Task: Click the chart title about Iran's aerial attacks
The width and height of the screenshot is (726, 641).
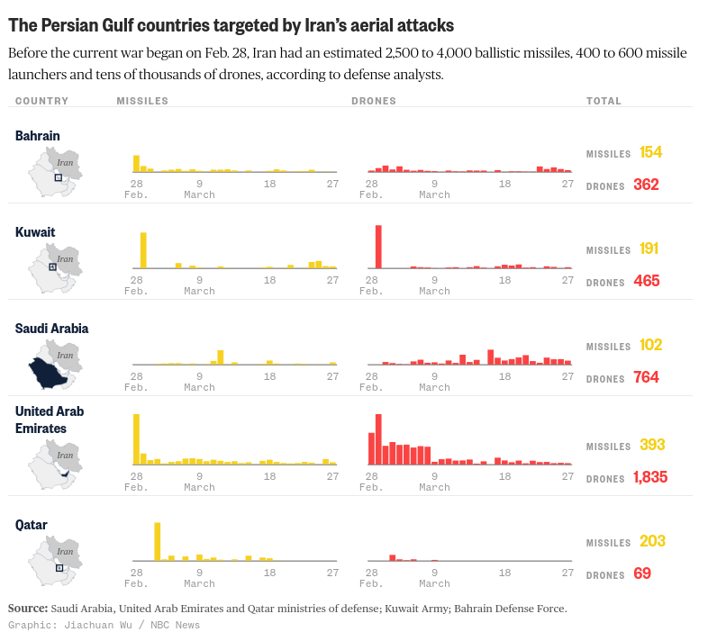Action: point(231,25)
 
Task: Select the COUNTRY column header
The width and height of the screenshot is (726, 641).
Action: point(41,101)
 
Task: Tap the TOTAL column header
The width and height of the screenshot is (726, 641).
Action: point(603,101)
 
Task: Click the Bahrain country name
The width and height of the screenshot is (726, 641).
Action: point(38,136)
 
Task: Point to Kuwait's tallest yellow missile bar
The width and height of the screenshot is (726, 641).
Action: point(143,249)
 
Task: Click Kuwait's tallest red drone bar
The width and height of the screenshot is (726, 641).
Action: point(378,246)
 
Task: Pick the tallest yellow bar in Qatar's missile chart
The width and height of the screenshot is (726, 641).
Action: point(157,541)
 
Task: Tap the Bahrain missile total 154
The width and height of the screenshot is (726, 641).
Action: point(650,152)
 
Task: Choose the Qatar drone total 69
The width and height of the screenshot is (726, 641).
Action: point(641,573)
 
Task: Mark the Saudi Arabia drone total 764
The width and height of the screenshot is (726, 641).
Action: point(646,377)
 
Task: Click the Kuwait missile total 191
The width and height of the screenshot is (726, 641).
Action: point(649,248)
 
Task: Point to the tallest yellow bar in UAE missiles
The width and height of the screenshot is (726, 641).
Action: point(136,438)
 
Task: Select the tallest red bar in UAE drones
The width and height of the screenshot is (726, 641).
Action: point(378,438)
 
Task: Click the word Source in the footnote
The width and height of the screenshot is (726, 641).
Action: point(28,609)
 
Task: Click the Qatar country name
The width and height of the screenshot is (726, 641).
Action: point(32,525)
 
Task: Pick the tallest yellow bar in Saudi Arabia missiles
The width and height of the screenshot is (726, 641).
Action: point(221,357)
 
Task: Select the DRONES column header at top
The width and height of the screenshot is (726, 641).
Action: point(373,101)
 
